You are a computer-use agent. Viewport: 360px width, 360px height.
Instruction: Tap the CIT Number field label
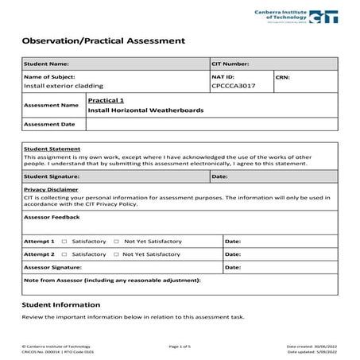[231, 64]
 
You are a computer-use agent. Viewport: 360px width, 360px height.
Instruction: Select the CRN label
[284, 77]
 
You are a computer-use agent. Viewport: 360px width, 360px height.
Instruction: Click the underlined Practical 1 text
[106, 101]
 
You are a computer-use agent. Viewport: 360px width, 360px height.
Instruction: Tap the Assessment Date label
[49, 124]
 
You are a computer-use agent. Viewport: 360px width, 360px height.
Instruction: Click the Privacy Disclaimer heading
[51, 190]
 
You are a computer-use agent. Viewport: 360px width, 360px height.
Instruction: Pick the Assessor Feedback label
[52, 216]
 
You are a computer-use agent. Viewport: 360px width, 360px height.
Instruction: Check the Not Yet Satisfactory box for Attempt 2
[116, 254]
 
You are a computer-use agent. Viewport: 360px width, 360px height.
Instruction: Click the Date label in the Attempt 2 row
[233, 254]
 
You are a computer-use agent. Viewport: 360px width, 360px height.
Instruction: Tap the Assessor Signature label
[56, 268]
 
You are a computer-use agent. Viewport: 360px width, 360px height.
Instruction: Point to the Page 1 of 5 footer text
[180, 346]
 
